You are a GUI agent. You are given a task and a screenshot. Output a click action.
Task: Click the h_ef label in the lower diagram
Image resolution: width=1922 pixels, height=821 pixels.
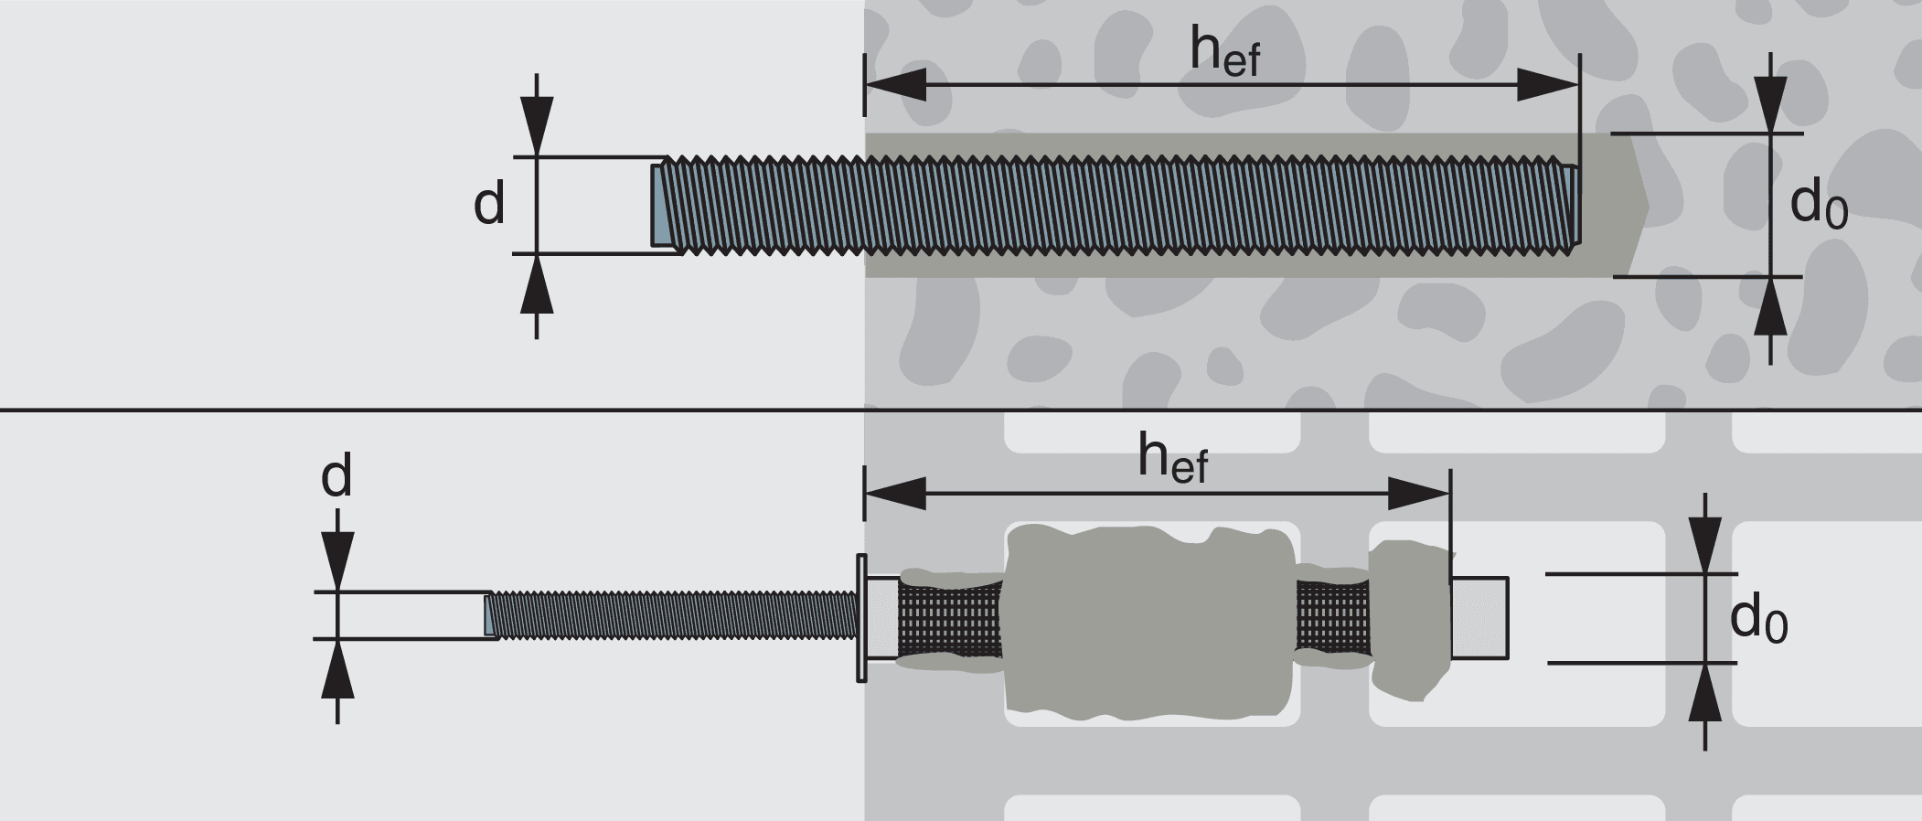(x=1172, y=459)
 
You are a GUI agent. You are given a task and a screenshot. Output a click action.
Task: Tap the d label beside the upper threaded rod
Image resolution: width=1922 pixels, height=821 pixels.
(x=489, y=205)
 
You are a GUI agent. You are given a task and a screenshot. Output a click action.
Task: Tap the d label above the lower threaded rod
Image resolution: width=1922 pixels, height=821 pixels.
(x=336, y=477)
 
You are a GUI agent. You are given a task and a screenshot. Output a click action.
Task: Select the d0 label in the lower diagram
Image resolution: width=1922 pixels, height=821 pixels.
(x=1757, y=622)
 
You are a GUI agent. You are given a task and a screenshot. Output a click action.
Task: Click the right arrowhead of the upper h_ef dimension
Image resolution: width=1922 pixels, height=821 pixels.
(x=1548, y=85)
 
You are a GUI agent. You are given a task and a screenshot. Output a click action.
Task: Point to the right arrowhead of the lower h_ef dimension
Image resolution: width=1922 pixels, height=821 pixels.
(x=1418, y=493)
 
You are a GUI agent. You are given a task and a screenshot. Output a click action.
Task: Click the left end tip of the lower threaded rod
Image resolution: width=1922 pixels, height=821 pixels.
(x=489, y=614)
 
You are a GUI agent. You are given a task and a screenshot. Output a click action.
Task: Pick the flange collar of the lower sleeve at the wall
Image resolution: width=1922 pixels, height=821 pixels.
(x=860, y=618)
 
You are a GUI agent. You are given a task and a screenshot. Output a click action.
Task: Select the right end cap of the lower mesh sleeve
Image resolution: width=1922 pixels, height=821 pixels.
(x=1479, y=618)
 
